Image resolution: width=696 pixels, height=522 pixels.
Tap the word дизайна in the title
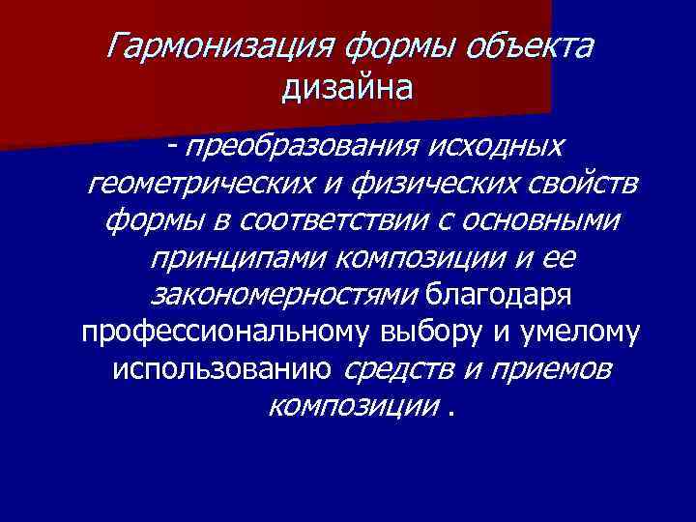click(348, 89)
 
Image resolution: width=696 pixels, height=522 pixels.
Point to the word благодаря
click(489, 295)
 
